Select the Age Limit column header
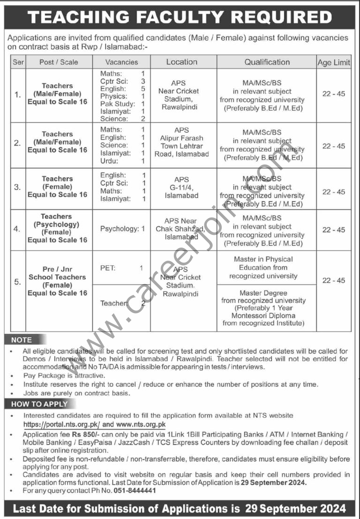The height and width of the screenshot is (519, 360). click(x=334, y=62)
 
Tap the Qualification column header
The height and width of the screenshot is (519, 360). click(x=267, y=62)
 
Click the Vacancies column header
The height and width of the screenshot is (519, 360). click(x=121, y=62)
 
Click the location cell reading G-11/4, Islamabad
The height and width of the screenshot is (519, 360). click(x=181, y=188)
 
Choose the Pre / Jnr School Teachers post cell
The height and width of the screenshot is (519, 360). click(x=58, y=281)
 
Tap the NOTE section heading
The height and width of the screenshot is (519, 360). click(x=22, y=340)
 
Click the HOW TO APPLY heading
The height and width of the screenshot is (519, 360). click(x=39, y=404)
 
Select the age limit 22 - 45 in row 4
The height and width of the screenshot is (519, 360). click(x=333, y=230)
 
